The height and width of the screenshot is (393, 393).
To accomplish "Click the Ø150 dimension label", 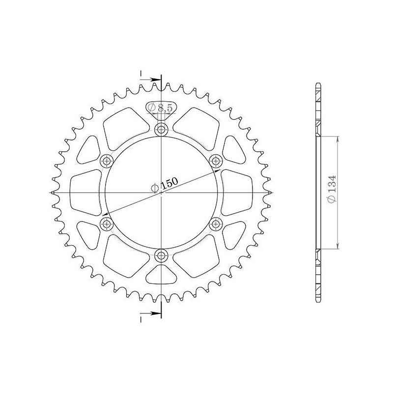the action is click(165, 185).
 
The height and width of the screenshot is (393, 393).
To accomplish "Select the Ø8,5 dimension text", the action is click(161, 108).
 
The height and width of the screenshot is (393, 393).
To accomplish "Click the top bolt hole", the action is click(161, 129).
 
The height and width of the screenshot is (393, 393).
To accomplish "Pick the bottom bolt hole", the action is click(161, 255).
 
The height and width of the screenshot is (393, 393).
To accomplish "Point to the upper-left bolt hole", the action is click(106, 161).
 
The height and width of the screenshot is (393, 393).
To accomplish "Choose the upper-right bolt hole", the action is click(216, 161).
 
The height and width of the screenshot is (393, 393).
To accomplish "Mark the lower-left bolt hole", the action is click(106, 224).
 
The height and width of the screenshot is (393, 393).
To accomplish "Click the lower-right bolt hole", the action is click(216, 224).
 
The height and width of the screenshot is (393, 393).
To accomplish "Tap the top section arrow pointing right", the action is click(150, 80).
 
